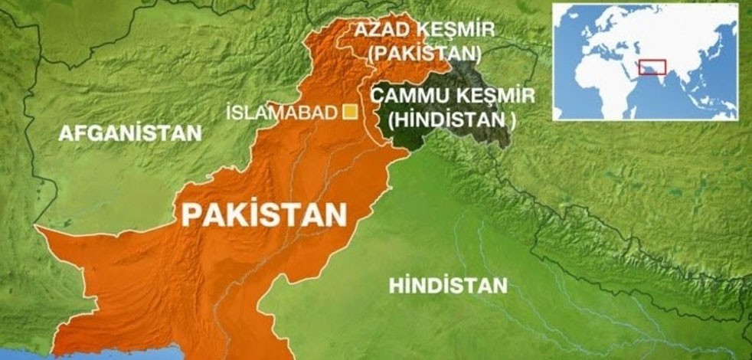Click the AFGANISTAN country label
(x=130, y=133)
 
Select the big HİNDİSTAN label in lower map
(x=448, y=286)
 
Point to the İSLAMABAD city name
(x=282, y=113)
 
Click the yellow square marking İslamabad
(x=351, y=113)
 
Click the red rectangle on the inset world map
(x=652, y=67)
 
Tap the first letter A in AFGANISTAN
(x=65, y=133)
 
